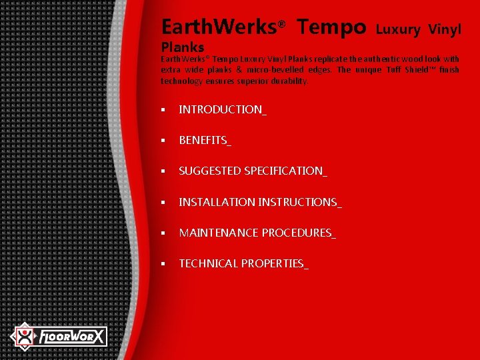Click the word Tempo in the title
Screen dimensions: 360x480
tap(331, 27)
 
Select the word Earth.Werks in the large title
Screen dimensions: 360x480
tap(219, 27)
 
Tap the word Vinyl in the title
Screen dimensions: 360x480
tap(445, 29)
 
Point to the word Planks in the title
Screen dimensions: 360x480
tap(183, 47)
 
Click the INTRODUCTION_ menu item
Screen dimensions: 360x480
tap(222, 109)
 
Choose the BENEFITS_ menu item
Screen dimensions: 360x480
tap(205, 140)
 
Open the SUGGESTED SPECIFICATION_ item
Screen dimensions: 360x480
tap(253, 171)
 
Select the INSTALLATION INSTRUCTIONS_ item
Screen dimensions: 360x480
tap(260, 201)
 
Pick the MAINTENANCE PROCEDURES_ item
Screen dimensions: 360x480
tap(257, 233)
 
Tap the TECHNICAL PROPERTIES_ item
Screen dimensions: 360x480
tap(243, 263)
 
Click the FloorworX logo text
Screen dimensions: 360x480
tap(71, 337)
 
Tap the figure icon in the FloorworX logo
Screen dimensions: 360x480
tap(25, 336)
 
